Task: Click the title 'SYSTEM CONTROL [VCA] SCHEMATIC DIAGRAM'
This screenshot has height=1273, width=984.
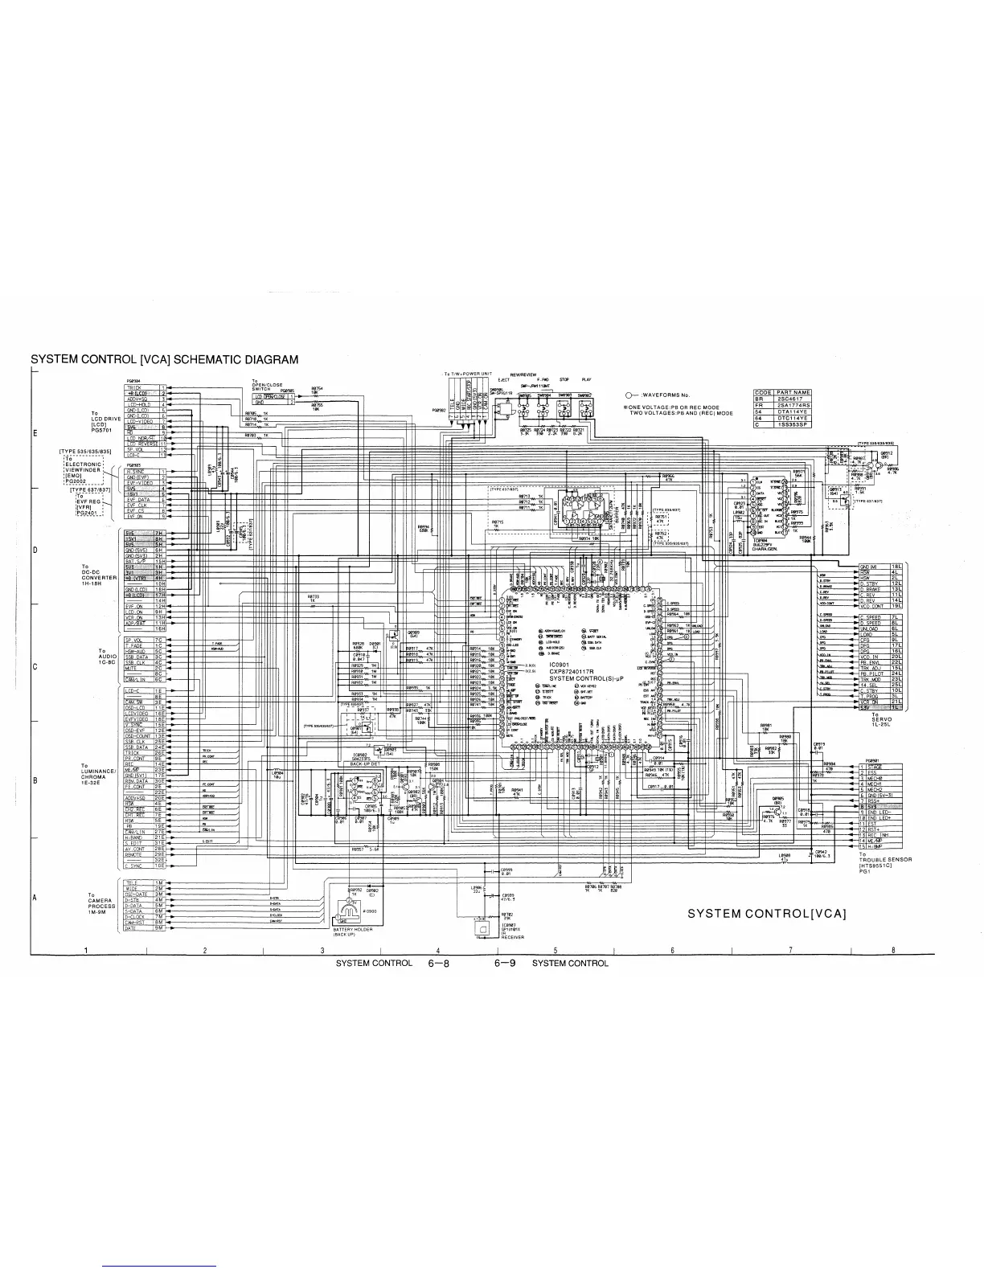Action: click(x=164, y=359)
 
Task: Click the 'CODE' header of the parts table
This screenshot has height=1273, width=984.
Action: click(x=763, y=392)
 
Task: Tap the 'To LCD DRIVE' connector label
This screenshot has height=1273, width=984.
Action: click(x=105, y=421)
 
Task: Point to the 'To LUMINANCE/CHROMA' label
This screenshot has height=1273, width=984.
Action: click(x=100, y=776)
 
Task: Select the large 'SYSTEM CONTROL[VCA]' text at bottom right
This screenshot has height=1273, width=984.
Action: click(x=767, y=913)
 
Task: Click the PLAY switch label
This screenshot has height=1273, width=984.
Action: click(x=586, y=379)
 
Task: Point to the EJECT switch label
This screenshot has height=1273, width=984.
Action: click(x=503, y=379)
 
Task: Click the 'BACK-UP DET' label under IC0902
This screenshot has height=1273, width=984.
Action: click(x=364, y=763)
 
